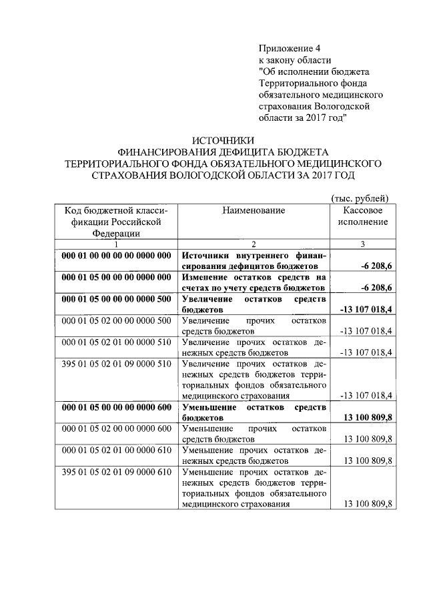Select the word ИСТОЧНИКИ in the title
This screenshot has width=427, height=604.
(224, 140)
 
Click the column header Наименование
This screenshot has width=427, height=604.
(254, 210)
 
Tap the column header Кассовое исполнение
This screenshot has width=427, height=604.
(362, 216)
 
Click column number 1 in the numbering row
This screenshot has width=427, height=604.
(116, 244)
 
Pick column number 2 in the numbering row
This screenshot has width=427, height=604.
(254, 244)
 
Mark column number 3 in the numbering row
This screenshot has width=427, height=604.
(362, 244)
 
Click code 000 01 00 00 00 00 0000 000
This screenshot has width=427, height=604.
(116, 256)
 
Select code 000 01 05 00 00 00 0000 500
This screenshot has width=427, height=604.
(116, 299)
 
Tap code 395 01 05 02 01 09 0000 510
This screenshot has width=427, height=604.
(116, 364)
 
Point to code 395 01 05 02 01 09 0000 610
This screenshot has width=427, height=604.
(116, 473)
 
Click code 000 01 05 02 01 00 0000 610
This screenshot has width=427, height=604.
(116, 451)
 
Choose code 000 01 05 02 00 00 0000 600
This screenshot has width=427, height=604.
(116, 429)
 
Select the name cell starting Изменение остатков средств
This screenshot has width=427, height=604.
(254, 282)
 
